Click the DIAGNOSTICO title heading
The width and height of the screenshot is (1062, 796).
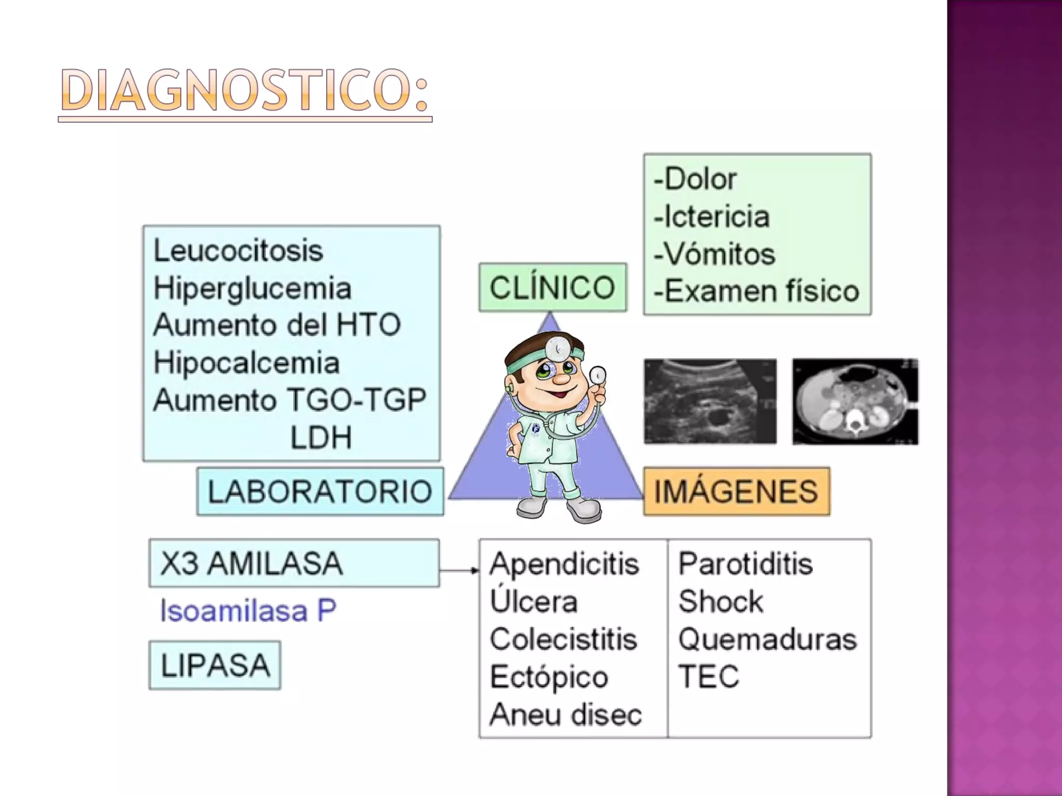tap(245, 91)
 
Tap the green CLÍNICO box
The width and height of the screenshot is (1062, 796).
tap(552, 288)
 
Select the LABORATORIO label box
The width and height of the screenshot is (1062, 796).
tap(320, 491)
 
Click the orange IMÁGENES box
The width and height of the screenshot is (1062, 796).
tap(736, 491)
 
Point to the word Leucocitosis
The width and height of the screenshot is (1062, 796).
tap(239, 251)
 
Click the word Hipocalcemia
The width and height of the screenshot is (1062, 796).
tap(247, 363)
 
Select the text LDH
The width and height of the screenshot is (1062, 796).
tap(320, 437)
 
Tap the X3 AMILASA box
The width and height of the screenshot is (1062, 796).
tap(294, 563)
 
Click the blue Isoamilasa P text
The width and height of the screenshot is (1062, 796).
tap(248, 610)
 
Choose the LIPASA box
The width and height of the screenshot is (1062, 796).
tap(215, 665)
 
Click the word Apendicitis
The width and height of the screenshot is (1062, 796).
tap(564, 564)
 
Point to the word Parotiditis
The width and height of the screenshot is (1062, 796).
tap(745, 564)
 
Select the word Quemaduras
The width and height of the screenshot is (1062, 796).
tap(767, 639)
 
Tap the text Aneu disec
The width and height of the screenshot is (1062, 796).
tap(566, 715)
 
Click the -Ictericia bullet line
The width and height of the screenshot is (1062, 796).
tap(711, 217)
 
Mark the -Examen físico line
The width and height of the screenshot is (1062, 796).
tap(756, 291)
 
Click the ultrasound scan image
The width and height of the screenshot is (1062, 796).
tap(710, 402)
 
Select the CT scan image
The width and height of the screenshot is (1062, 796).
tap(855, 402)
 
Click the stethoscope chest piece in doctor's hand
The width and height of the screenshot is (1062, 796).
tap(598, 375)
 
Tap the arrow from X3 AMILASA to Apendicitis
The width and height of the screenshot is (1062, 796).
tap(459, 571)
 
